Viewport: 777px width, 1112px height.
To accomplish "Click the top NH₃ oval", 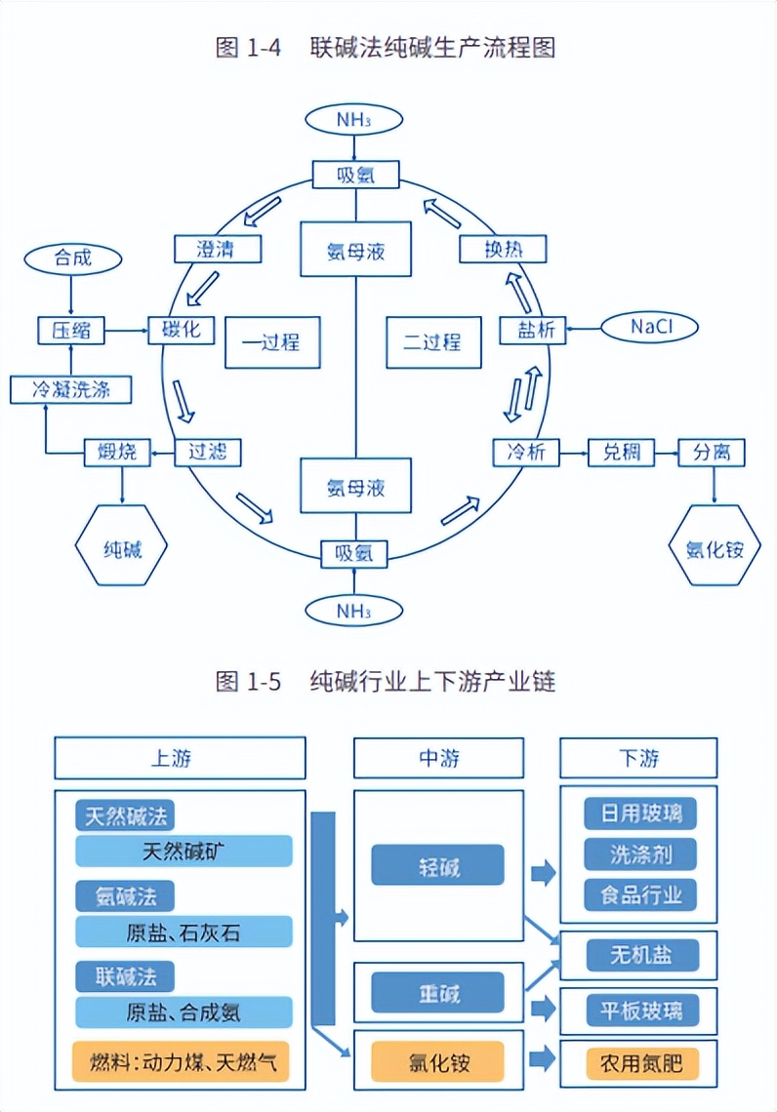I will coord(354,120).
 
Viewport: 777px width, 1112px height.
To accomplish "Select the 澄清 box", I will coord(217,249).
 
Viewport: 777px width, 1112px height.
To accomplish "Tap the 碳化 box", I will coord(181,330).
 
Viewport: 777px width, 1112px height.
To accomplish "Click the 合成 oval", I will coord(73,258).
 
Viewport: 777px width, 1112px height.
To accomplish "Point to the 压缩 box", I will coord(71,331).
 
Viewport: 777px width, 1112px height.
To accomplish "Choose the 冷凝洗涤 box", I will coord(70,390).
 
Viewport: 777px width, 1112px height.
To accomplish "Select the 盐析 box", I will coord(533,330).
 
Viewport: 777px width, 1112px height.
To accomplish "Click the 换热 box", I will coord(504,249).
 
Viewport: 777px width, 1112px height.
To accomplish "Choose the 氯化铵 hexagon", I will coord(715,548).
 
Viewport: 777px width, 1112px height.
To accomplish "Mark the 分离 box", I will coord(712,453).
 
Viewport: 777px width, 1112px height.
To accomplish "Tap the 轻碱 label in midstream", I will coord(437,865).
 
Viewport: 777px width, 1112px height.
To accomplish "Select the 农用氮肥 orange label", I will coord(642,1062).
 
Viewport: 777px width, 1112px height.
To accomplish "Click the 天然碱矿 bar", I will coord(184,851).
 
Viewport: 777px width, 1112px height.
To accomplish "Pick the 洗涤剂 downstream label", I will coord(640,854).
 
